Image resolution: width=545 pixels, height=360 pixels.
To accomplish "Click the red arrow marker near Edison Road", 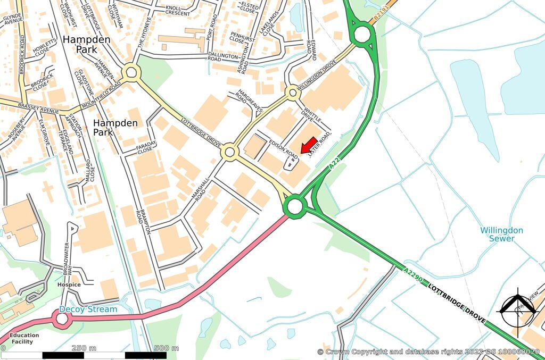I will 309,145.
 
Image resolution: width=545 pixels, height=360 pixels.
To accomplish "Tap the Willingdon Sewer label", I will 501,235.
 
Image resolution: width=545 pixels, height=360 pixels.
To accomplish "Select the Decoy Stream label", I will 88,309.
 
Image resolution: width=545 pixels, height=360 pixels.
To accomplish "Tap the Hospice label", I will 69,285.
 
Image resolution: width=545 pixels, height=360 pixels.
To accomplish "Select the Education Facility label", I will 24,338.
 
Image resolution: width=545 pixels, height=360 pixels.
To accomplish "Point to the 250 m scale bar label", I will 84,348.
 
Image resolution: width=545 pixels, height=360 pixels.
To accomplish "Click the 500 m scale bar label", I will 167,348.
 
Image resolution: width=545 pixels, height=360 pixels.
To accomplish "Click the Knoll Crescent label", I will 178,11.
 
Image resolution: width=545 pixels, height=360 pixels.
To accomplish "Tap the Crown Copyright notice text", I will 428,352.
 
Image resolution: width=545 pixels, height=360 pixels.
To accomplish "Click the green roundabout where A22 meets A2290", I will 294,205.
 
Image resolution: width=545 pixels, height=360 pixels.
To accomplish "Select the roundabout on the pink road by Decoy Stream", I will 62,319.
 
